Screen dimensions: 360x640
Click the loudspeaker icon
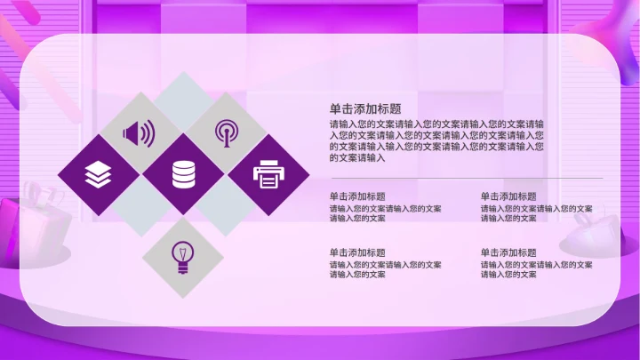pos(140,133)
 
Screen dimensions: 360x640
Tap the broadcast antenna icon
pos(226,132)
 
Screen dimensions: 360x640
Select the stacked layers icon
pos(97,174)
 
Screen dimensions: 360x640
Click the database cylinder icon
pos(182,174)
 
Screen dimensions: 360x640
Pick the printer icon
pos(268,174)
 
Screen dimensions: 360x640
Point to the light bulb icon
pos(182,256)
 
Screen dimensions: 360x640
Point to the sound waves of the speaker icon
pos(148,133)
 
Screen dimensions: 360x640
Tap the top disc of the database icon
pos(182,164)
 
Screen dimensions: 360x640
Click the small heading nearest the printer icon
pos(357,196)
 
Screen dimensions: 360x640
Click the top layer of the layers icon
pos(97,167)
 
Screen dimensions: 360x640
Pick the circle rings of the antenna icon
pos(226,128)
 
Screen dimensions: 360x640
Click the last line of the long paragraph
pos(357,157)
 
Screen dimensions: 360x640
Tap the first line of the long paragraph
pos(437,124)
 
